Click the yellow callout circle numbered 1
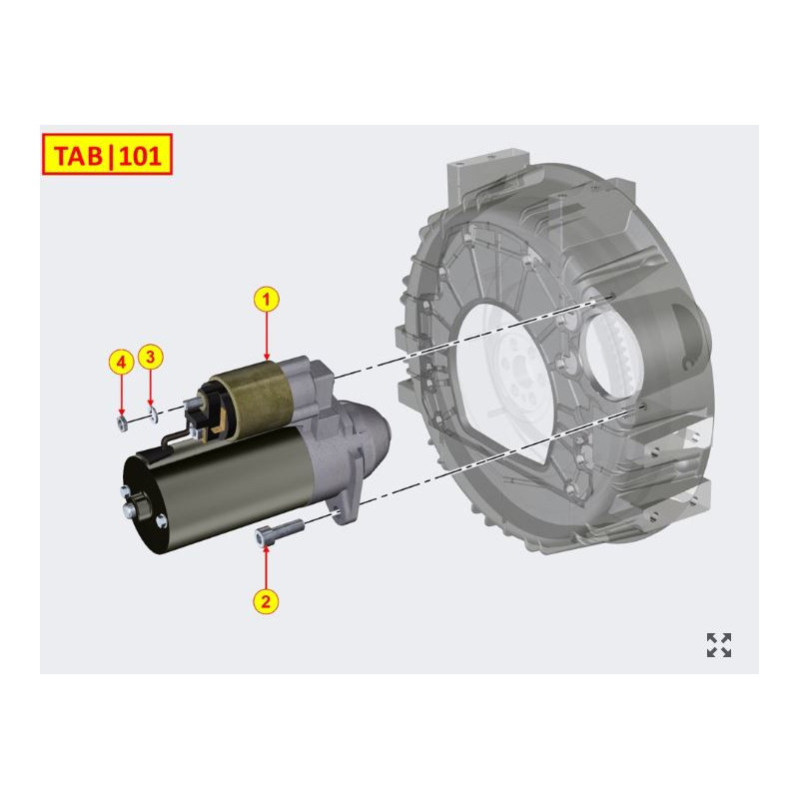click(267, 298)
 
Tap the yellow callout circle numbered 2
click(267, 600)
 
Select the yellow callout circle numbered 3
click(150, 355)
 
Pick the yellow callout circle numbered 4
click(121, 361)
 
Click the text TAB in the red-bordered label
click(75, 155)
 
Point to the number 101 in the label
click(139, 155)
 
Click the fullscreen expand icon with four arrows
click(718, 645)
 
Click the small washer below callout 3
click(151, 412)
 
